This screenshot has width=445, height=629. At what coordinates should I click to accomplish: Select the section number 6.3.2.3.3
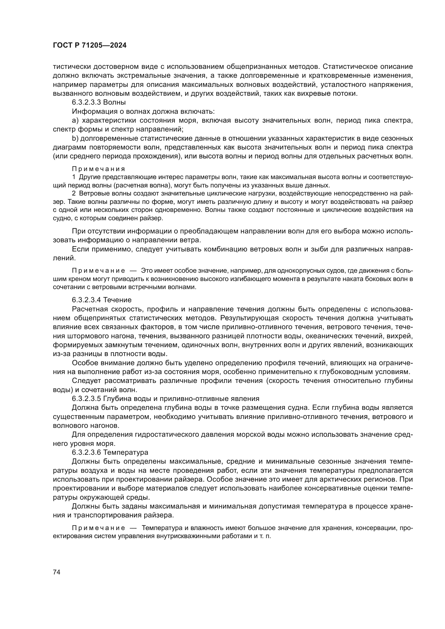[x=87, y=102]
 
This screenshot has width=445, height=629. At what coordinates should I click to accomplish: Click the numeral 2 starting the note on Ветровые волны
[x=74, y=193]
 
